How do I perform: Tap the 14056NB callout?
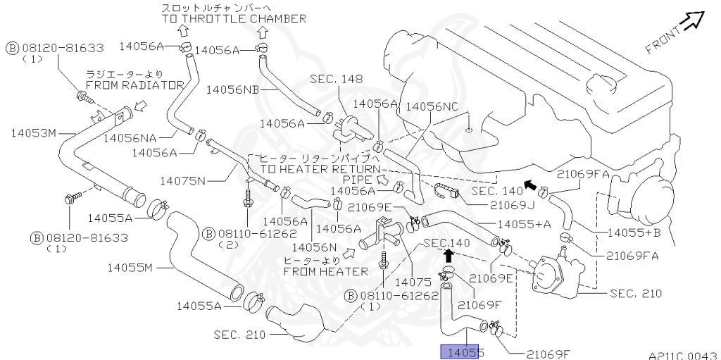(x=232, y=90)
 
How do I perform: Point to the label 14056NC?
(x=433, y=106)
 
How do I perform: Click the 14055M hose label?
(x=130, y=268)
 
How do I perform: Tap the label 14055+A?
(x=524, y=225)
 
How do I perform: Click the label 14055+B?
(x=633, y=232)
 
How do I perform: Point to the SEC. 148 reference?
(x=341, y=80)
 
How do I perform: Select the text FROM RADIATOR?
(x=134, y=85)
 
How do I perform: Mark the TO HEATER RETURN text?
(x=320, y=170)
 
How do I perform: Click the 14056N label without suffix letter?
(x=314, y=247)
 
